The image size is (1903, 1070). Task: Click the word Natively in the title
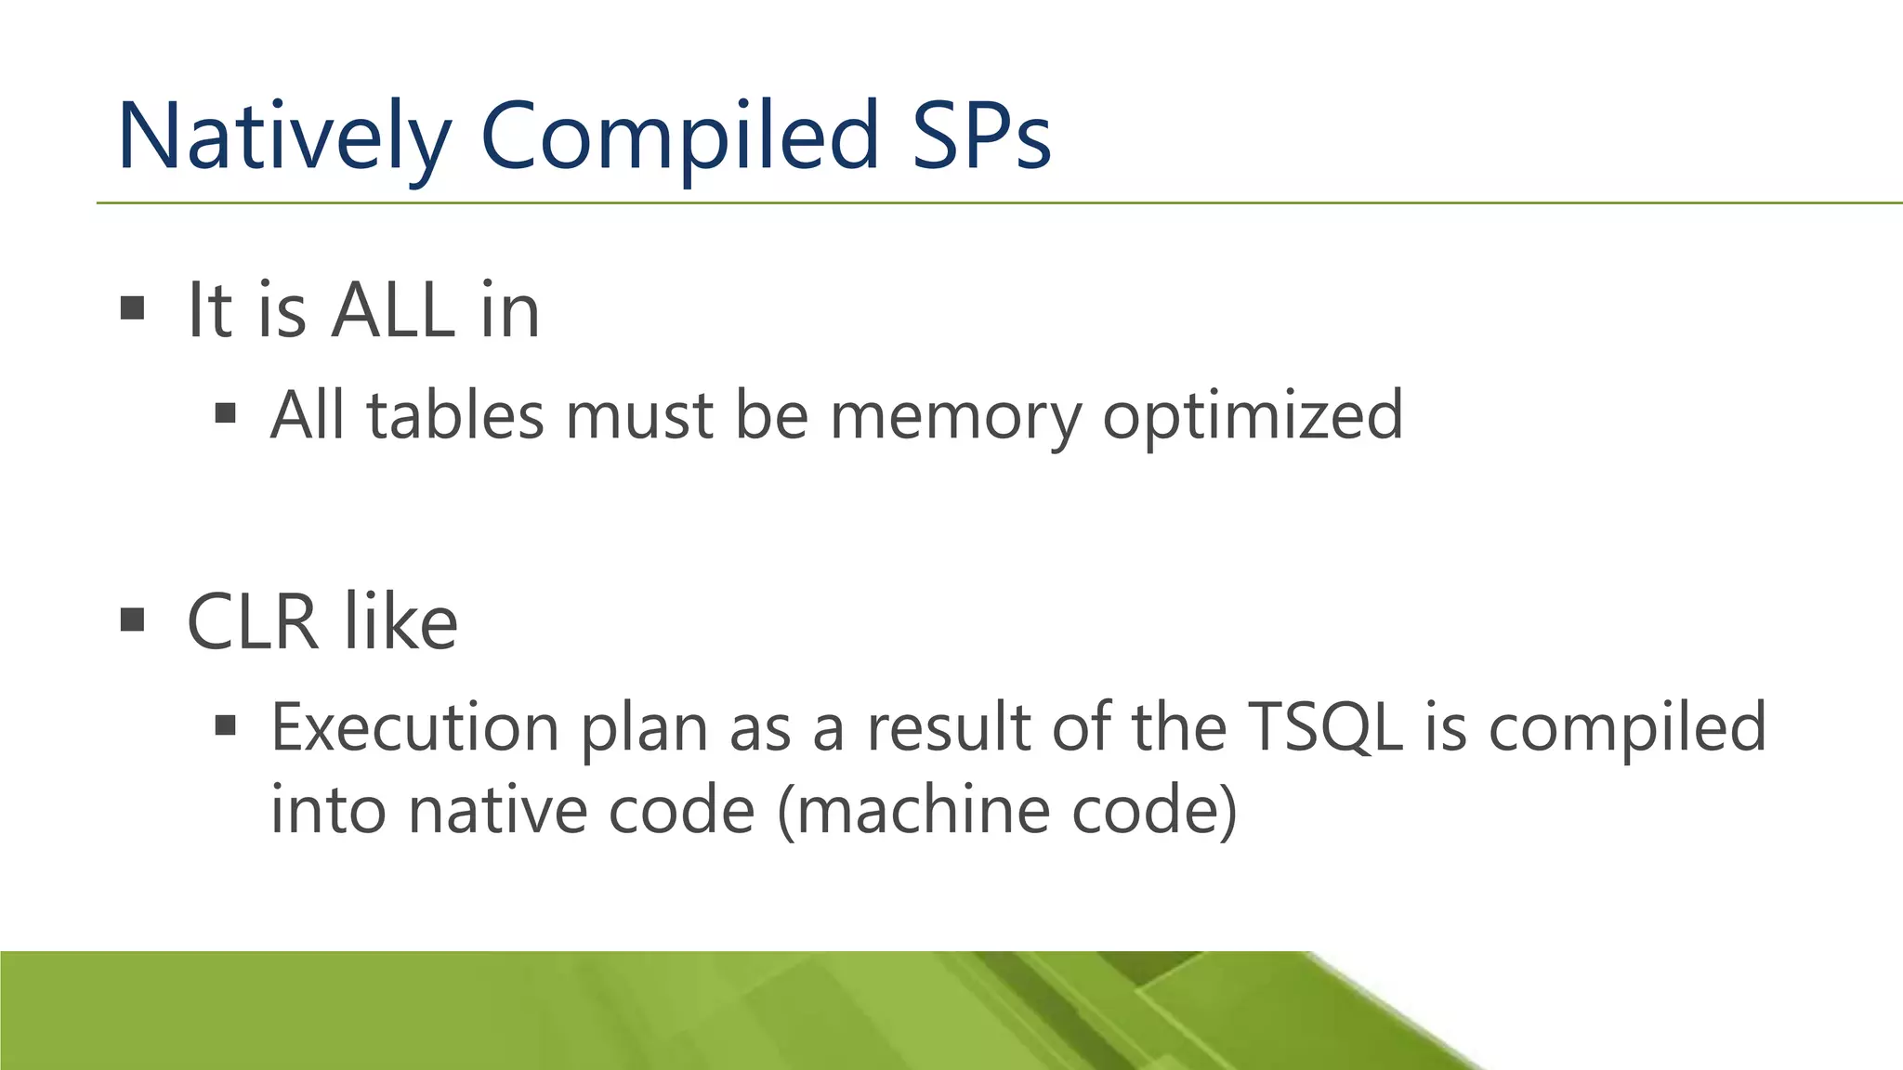283,137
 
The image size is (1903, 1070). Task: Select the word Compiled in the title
679,137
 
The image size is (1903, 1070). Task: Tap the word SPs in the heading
981,137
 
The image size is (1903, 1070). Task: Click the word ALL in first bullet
394,310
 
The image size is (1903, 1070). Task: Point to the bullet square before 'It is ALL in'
133,307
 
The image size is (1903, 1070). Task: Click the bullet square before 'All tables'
225,412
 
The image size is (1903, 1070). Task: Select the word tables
455,415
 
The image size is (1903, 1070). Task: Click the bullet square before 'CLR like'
133,619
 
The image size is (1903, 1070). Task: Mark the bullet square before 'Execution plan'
225,724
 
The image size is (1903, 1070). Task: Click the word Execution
415,727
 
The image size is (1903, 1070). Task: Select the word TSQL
1325,727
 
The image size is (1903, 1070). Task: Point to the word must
639,415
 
